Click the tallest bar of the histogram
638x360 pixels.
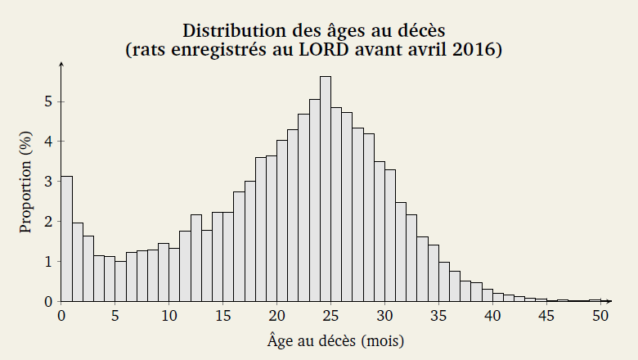(326, 189)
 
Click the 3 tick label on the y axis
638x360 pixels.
(48, 182)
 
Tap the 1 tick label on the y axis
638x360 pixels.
(48, 261)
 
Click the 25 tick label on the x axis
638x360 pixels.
(330, 315)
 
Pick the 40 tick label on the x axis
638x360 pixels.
(492, 315)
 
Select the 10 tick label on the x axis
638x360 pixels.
(169, 315)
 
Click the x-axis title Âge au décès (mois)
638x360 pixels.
(335, 340)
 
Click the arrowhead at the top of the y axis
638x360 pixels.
(61, 62)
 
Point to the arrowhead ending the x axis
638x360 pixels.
(609, 301)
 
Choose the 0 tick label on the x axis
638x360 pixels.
(61, 315)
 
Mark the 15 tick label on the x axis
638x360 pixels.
(223, 315)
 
